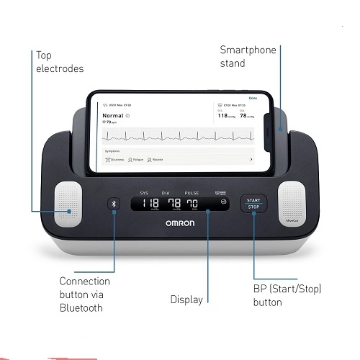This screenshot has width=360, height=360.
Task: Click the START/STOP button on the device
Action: [253, 204]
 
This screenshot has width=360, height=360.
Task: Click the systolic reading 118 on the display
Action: [150, 203]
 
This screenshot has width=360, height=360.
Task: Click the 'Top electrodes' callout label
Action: [60, 62]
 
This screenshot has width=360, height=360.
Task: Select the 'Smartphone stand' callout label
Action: [243, 56]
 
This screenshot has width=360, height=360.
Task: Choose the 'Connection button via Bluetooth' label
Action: [85, 294]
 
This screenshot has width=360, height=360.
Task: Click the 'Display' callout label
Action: [186, 299]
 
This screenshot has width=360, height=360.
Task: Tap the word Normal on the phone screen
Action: [114, 115]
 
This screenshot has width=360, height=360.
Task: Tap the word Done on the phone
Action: [252, 97]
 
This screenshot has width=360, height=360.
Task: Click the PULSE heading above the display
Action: [192, 193]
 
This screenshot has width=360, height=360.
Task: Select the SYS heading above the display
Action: [144, 193]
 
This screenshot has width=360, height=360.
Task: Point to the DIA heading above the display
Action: [167, 193]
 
